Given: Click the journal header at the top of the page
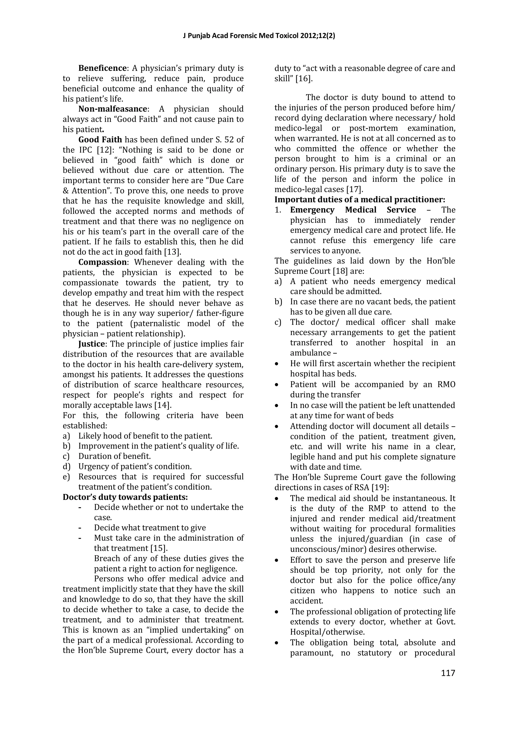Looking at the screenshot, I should (259, 36).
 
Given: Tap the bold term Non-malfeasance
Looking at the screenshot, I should (113, 109).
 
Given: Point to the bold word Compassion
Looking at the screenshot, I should (103, 262).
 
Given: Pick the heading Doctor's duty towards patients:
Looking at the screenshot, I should (125, 497).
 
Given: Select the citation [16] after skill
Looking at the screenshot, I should (304, 78).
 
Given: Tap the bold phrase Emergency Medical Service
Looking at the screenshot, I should (353, 210).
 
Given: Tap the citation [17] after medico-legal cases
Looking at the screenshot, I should (354, 189).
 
